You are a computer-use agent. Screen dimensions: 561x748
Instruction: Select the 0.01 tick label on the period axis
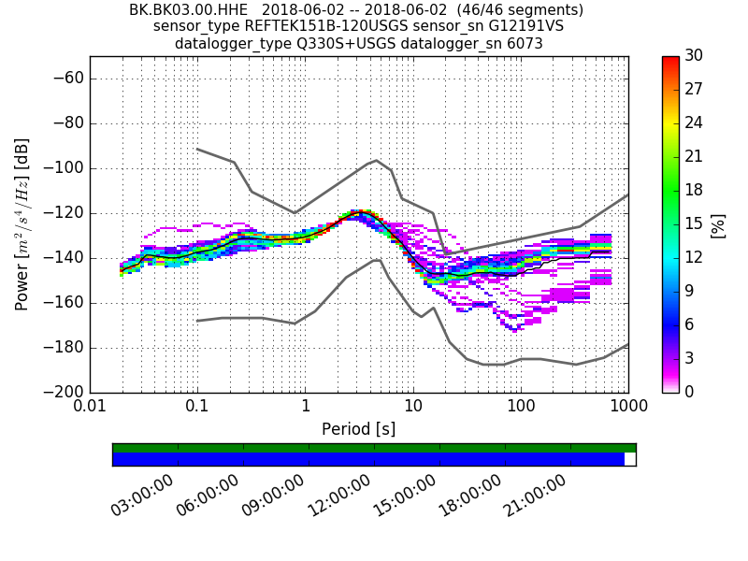(90, 408)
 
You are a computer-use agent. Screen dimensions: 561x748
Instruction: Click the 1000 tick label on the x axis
(627, 408)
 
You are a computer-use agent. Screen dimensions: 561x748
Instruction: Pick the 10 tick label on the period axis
(413, 408)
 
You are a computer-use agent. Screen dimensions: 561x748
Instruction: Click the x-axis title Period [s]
(359, 429)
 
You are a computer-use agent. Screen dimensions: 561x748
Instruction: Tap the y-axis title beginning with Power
(22, 224)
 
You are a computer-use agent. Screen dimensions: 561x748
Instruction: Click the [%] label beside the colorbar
(718, 224)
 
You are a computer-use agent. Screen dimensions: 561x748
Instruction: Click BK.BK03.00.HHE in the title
(188, 10)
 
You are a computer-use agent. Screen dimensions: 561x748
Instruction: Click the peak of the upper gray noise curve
(375, 160)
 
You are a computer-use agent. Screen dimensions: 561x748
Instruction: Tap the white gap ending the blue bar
(630, 459)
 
